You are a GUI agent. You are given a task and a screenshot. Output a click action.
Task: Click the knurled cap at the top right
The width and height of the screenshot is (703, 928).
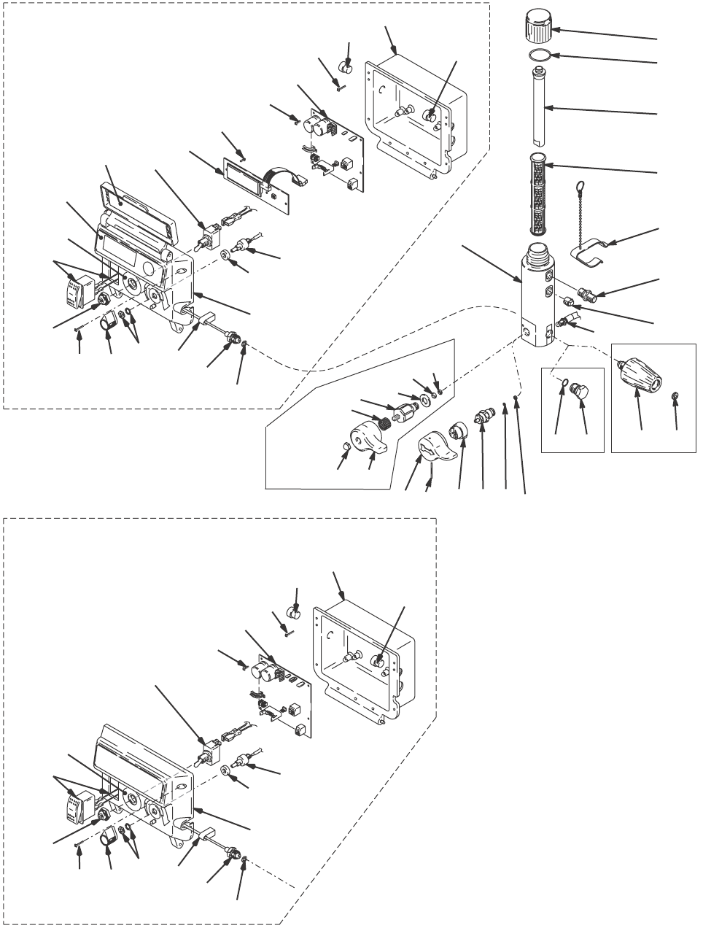536,29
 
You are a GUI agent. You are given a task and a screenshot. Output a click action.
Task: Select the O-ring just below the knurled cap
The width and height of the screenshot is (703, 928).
537,55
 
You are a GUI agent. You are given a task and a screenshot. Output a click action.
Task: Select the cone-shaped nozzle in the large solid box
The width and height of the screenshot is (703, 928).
640,374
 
